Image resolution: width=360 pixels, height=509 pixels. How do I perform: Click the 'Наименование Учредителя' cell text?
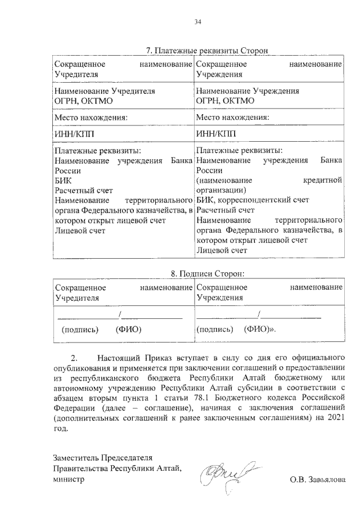(103, 91)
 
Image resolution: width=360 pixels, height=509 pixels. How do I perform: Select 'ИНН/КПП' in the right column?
(217, 133)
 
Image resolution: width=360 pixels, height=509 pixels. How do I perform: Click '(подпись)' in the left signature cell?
(79, 329)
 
